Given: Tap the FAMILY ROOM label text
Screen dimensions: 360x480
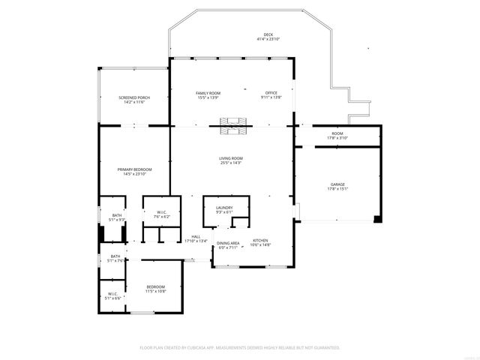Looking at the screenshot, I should (x=208, y=92).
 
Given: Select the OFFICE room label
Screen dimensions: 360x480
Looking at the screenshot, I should (x=271, y=92).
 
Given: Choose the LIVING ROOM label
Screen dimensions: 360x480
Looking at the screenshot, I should (x=231, y=158).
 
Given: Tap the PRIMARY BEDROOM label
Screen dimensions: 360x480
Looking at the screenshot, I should (x=134, y=169).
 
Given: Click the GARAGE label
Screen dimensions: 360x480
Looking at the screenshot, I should (x=337, y=184).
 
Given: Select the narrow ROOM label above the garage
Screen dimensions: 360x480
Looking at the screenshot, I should (x=337, y=133).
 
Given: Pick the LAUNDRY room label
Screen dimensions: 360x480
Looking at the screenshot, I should (x=223, y=208).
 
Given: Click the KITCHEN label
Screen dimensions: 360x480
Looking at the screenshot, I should (x=260, y=241).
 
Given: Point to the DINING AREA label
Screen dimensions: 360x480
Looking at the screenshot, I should (x=228, y=243).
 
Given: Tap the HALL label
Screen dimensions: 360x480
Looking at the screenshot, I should (x=196, y=237).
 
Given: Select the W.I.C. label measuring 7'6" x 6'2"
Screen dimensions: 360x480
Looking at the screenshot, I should (x=161, y=212).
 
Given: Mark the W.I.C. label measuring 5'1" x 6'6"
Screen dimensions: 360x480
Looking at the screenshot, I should (x=112, y=293).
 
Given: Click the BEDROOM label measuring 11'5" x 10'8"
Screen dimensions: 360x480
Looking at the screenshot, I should (x=155, y=286).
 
